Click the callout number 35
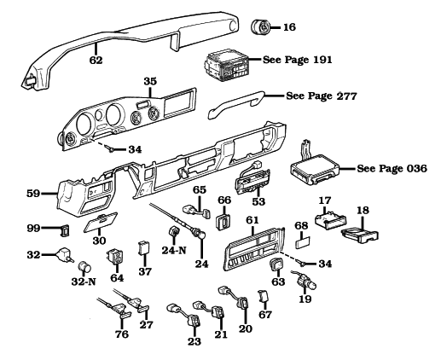pyautogui.click(x=151, y=82)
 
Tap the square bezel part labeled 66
pyautogui.click(x=225, y=223)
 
